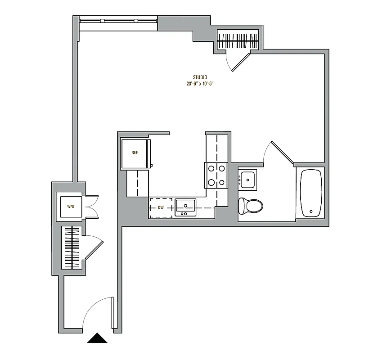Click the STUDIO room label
tap(200, 77)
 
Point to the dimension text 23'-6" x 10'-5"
tap(200, 84)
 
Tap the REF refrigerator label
tap(135, 153)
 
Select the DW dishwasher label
tap(161, 208)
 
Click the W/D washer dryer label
tap(71, 207)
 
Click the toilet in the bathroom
tap(251, 206)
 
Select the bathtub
tap(311, 193)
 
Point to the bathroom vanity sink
tap(247, 179)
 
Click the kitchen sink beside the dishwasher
tap(185, 207)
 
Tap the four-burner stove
tap(216, 175)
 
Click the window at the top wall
tap(118, 21)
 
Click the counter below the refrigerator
tap(137, 183)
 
